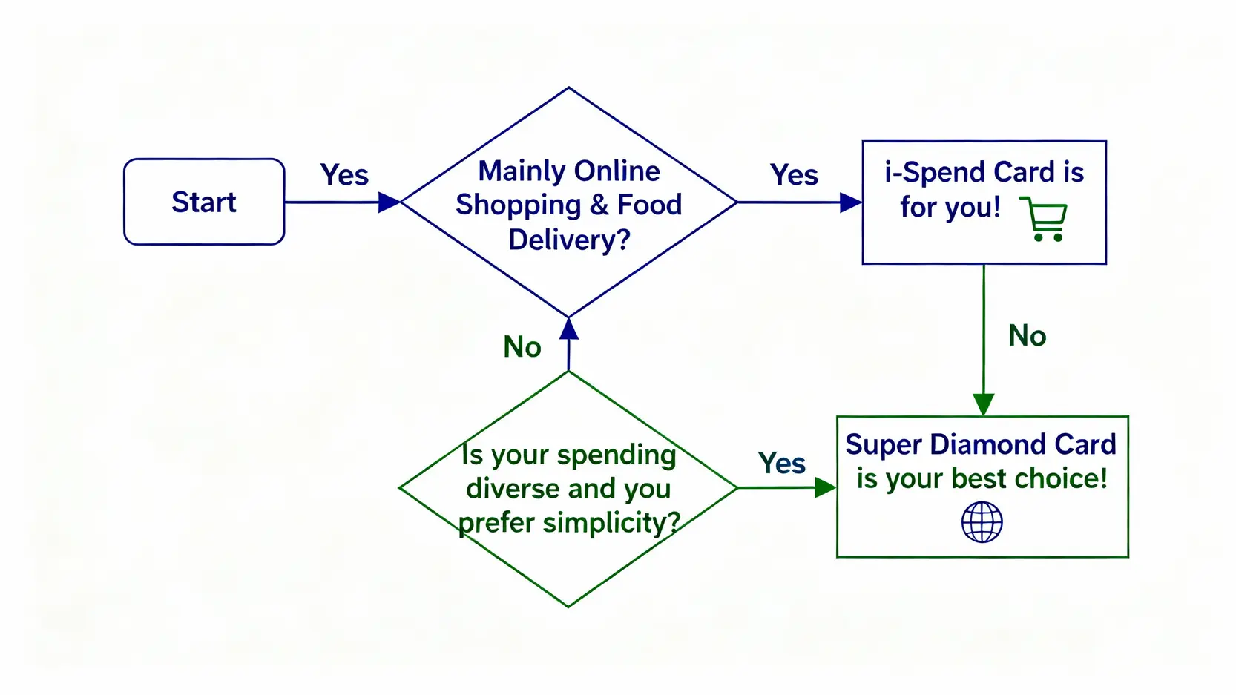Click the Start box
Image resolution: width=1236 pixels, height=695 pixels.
click(x=204, y=202)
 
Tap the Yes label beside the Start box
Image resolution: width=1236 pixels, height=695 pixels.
click(x=344, y=175)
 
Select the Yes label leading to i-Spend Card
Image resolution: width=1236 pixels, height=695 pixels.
click(x=794, y=175)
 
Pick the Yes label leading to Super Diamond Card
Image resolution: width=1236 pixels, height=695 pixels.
click(x=781, y=464)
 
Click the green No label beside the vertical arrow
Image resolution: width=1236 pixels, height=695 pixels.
click(x=1027, y=336)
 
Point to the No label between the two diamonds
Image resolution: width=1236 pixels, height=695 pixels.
click(x=522, y=347)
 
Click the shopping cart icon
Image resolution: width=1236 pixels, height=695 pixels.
click(x=1044, y=219)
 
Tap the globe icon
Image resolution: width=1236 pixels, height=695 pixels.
click(x=982, y=522)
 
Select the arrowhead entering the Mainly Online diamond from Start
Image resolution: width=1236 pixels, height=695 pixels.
click(x=389, y=202)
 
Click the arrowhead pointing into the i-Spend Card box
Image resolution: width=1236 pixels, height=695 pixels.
click(x=850, y=202)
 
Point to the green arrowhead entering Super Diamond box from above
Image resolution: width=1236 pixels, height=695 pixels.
click(x=984, y=404)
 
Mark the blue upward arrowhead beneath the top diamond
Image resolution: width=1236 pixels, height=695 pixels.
click(x=569, y=329)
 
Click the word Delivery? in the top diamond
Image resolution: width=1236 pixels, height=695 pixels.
click(x=569, y=240)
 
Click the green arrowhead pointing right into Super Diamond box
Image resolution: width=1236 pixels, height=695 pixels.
click(x=824, y=487)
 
